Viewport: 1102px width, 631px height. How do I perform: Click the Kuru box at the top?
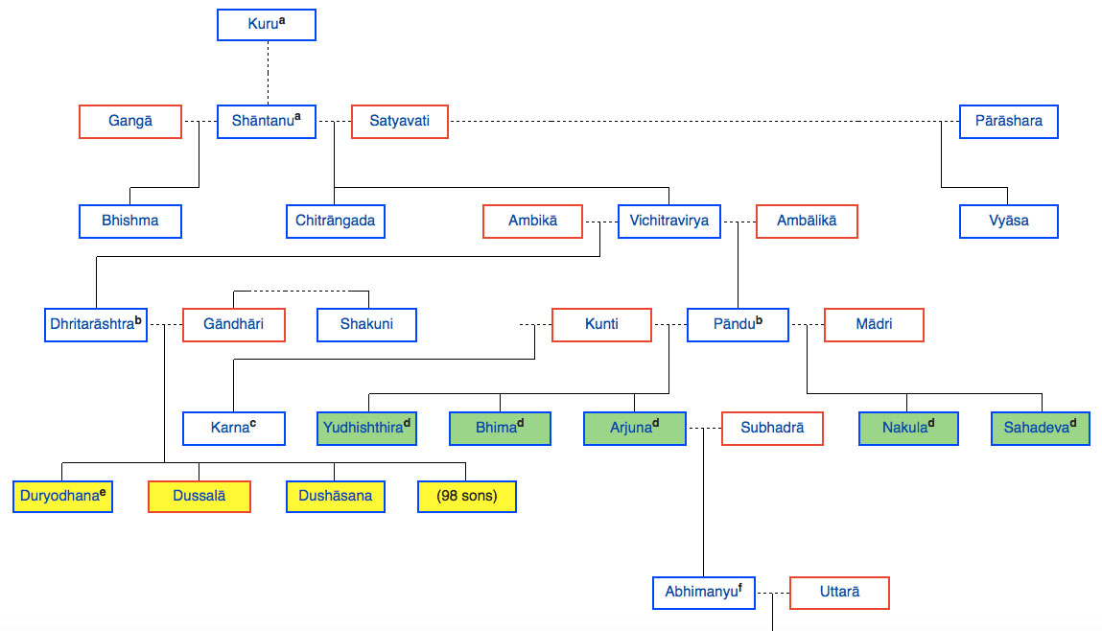coord(267,24)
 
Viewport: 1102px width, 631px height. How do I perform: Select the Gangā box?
coord(130,122)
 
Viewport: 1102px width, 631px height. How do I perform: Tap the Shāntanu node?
coord(267,122)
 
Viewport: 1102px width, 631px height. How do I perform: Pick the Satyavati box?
coord(399,122)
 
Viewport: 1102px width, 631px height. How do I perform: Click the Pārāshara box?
coord(1008,122)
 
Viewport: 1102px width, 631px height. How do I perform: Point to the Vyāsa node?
coord(1008,221)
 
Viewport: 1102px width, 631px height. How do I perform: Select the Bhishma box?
coord(130,221)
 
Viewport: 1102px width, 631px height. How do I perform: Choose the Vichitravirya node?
coord(669,221)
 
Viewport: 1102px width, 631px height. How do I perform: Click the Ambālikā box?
coord(807,221)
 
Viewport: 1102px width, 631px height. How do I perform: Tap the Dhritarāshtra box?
coord(96,324)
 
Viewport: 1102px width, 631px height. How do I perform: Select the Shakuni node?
coord(367,324)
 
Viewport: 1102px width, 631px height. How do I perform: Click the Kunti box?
coord(601,324)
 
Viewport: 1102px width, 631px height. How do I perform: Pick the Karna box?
coord(234,428)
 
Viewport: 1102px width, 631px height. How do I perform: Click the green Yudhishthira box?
coord(367,428)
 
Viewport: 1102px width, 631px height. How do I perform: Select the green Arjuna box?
coord(635,428)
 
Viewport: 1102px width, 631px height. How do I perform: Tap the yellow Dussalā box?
coord(199,497)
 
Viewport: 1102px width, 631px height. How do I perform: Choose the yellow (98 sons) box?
coord(467,497)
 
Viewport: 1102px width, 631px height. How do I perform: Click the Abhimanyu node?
coord(703,593)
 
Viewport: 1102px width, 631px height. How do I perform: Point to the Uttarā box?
coord(839,593)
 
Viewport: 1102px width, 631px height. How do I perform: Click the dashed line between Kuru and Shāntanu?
coord(267,73)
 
